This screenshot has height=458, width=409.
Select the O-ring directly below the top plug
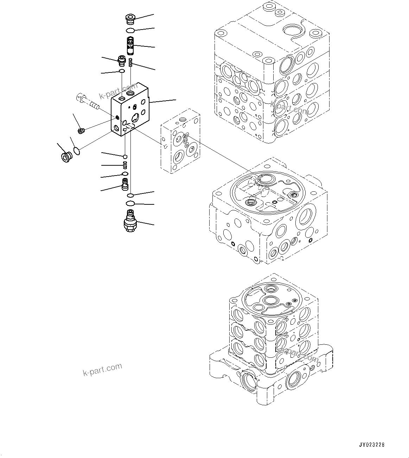[130, 31]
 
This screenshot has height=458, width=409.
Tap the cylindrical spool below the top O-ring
[130, 45]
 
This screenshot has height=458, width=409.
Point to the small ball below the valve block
[125, 156]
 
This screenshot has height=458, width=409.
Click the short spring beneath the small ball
[125, 165]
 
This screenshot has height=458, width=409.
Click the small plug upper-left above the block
[122, 61]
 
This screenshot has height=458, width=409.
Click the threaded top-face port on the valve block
[131, 94]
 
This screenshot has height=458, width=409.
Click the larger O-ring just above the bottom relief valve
[130, 203]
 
